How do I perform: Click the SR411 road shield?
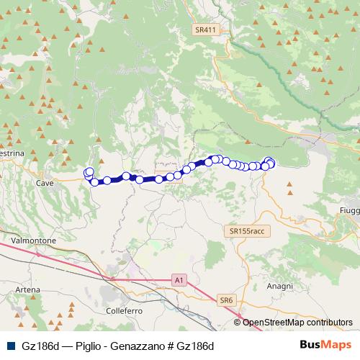[205, 30]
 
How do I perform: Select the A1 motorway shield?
[179, 277]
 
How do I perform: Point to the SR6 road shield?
[227, 300]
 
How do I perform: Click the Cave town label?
[45, 183]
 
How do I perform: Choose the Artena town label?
[27, 289]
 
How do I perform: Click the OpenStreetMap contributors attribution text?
[297, 323]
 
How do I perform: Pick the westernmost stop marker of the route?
[89, 173]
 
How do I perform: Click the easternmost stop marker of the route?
[271, 163]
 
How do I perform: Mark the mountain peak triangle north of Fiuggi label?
[348, 189]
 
